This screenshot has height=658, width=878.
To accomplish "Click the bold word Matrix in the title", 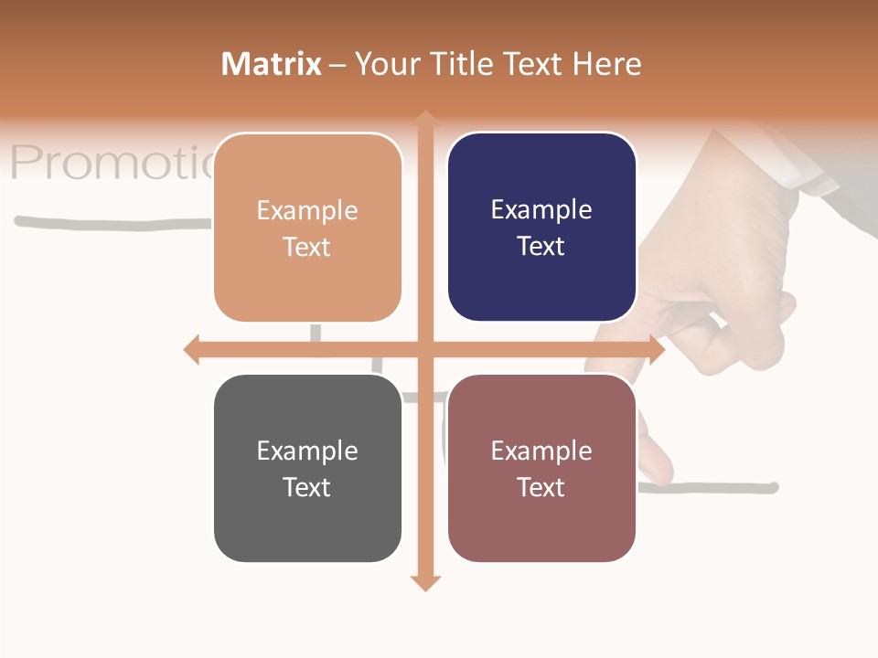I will tap(272, 64).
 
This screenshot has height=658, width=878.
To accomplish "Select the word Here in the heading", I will tap(607, 64).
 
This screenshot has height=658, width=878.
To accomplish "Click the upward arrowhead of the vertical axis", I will tap(425, 118).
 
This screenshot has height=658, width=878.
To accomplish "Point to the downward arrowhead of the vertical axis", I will tap(425, 582).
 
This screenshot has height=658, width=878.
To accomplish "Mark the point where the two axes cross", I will tap(425, 349).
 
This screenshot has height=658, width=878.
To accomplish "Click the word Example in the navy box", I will tap(541, 209).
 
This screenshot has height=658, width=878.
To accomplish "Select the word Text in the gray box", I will tap(306, 487).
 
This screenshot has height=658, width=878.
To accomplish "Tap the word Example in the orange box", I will tap(307, 210).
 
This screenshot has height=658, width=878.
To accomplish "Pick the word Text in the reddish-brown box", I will tap(541, 487).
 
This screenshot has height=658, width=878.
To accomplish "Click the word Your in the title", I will tap(383, 64).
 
